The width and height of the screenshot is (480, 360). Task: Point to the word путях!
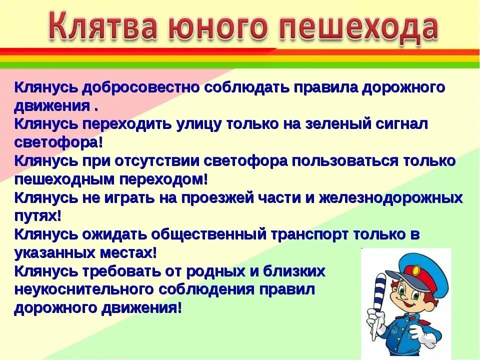37,216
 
